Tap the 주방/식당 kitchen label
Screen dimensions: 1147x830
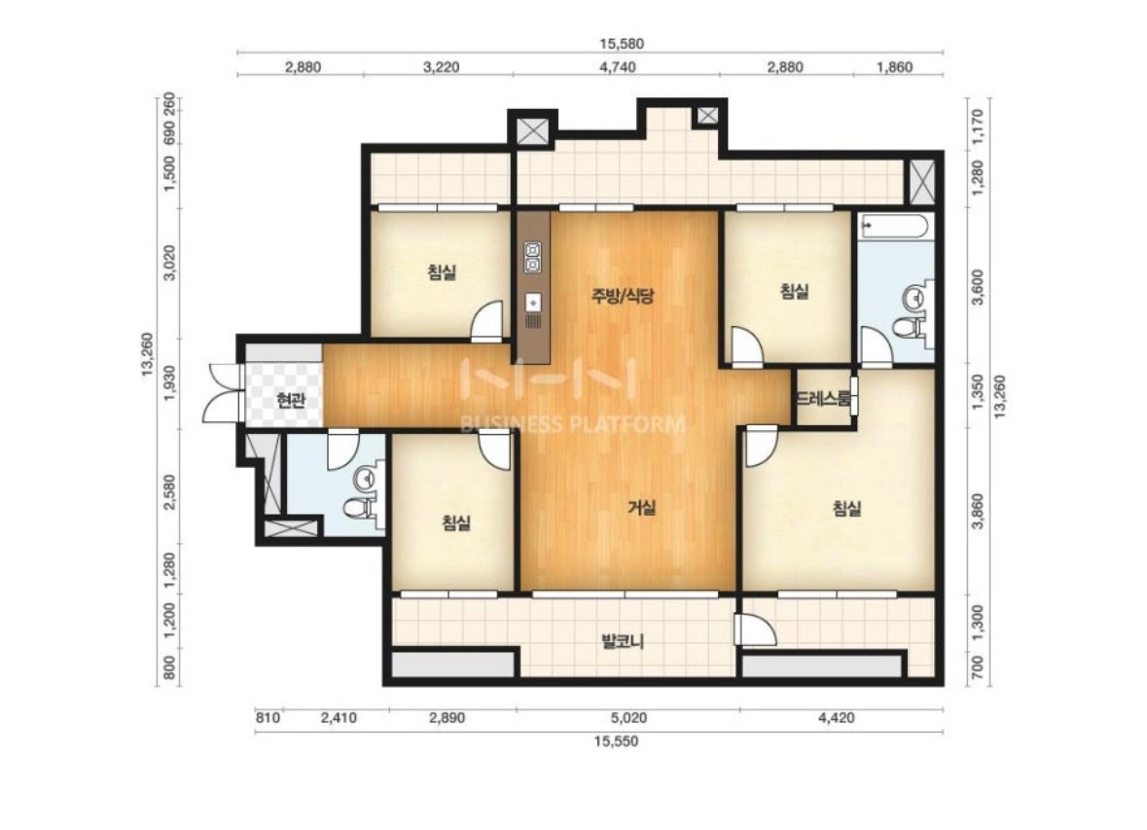[623, 296]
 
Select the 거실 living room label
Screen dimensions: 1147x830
[641, 508]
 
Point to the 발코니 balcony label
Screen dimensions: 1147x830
[622, 642]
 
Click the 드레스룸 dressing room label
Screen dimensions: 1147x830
[824, 399]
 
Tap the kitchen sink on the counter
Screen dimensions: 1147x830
[533, 303]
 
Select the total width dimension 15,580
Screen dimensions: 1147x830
[622, 44]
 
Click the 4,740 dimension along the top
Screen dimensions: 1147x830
[618, 67]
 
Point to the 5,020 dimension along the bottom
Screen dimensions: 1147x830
[629, 718]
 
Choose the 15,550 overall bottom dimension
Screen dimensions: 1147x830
[616, 741]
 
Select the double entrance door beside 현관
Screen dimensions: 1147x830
[223, 392]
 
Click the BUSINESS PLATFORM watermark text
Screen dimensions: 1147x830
[573, 424]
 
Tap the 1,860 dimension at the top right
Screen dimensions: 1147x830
[894, 67]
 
